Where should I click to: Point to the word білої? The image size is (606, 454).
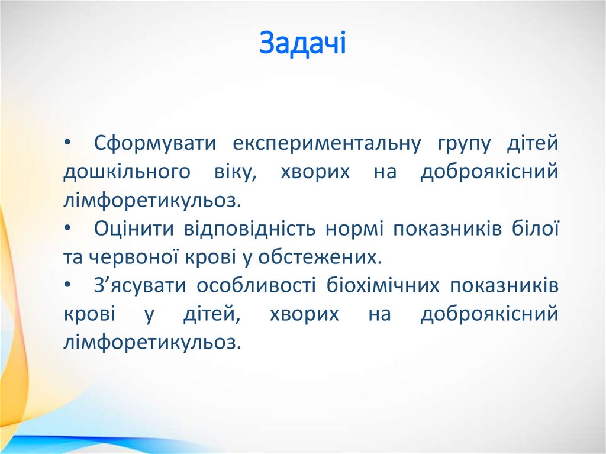point(538,229)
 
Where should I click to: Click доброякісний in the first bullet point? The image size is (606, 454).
point(489,173)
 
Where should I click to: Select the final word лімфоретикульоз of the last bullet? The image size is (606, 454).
point(152,343)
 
